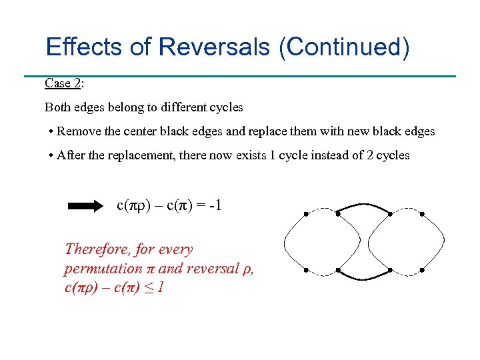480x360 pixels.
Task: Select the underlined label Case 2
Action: (x=63, y=83)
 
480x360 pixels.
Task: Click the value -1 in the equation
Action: (x=213, y=205)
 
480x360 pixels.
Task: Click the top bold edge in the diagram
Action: (x=364, y=209)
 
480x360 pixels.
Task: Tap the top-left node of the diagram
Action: (x=306, y=213)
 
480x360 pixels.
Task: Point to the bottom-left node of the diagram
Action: (x=306, y=271)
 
